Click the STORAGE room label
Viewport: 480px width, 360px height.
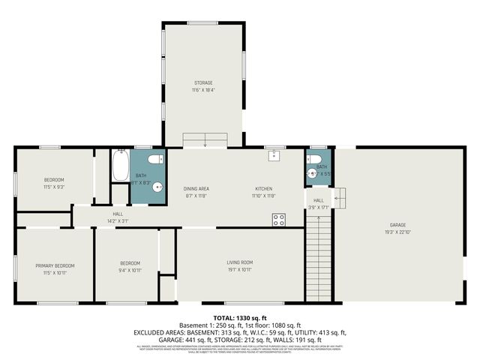(203, 82)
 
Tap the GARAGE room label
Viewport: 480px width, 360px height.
(397, 225)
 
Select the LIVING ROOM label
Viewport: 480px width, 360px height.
(240, 262)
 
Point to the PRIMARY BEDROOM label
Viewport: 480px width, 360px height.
(55, 265)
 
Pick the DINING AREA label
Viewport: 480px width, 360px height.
(196, 188)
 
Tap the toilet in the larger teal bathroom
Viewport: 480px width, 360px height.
(154, 159)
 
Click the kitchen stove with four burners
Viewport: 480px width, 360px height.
(278, 219)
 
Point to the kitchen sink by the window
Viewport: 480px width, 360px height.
(275, 156)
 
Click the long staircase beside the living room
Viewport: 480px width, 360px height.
(318, 255)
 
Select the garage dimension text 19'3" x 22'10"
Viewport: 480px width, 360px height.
(397, 232)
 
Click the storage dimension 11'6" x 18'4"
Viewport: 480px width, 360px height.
(203, 90)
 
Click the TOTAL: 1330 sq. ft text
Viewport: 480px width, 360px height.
(240, 318)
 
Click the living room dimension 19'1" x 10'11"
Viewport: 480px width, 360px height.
(240, 269)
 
